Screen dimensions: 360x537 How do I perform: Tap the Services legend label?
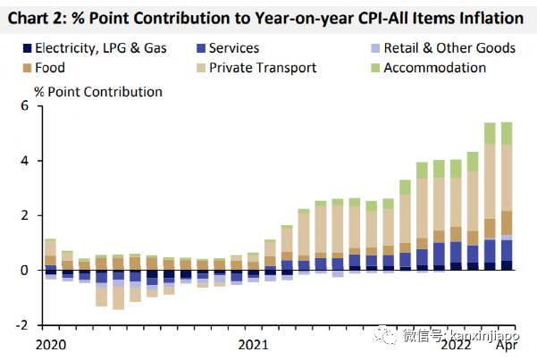tap(234, 47)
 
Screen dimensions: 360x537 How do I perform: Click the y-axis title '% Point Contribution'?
tap(98, 92)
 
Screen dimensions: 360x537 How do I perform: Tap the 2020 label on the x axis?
tap(50, 343)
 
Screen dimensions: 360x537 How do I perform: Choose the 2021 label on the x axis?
tap(254, 343)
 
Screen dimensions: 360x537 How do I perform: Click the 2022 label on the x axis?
tap(457, 343)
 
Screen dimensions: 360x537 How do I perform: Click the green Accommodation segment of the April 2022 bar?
tap(506, 133)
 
